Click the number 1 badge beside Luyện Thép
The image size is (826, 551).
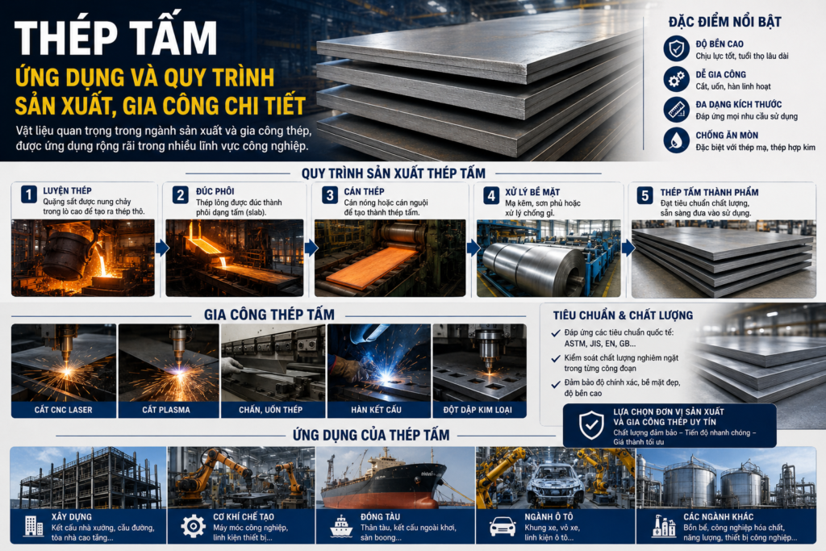click(29, 194)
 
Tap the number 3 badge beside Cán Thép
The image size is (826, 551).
click(330, 195)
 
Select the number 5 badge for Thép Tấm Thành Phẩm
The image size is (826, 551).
click(645, 195)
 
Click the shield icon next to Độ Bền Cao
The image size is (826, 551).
click(677, 48)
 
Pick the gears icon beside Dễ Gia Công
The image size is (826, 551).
click(677, 79)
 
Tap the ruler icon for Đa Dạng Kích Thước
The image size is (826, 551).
click(677, 110)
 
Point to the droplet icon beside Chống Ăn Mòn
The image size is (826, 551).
click(677, 140)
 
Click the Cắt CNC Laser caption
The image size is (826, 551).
click(63, 410)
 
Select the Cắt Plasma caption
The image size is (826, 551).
click(166, 410)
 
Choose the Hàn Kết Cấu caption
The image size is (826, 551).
click(376, 410)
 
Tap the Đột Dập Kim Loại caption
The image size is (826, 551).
click(478, 410)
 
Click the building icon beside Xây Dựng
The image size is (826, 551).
click(34, 526)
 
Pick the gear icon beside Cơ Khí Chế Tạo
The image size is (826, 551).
click(194, 526)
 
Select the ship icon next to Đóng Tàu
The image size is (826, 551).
click(341, 526)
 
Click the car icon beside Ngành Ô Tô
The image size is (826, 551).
click(503, 526)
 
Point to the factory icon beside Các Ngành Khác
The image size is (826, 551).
click(664, 526)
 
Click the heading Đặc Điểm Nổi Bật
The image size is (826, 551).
click(725, 22)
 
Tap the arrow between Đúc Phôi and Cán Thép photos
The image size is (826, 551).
click(311, 248)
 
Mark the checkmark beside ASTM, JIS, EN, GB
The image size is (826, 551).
click(555, 333)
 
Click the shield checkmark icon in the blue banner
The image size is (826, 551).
click(591, 425)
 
